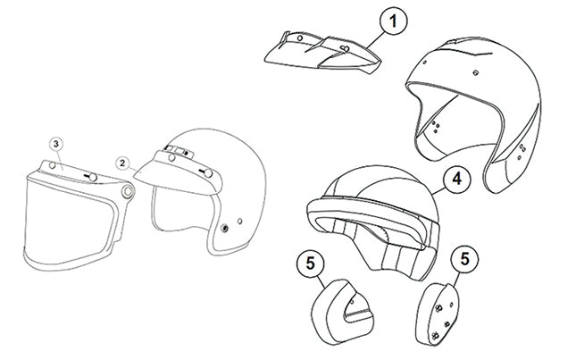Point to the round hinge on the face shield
[129, 191]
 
